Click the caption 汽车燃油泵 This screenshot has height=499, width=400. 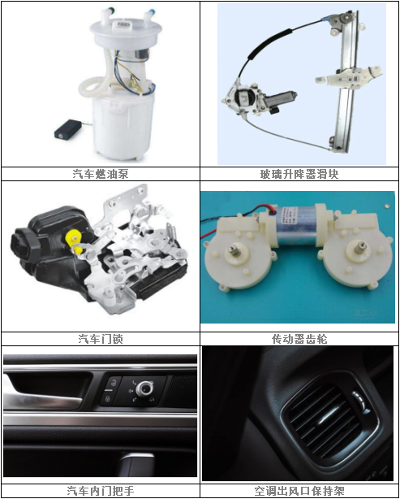pos(100,173)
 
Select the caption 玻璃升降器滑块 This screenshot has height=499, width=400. pos(299,173)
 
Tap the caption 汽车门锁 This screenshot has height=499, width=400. pos(100,338)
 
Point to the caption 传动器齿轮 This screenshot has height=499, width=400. pos(299,338)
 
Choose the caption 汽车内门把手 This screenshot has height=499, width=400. pos(100,491)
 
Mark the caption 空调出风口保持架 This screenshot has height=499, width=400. pos(299,491)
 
